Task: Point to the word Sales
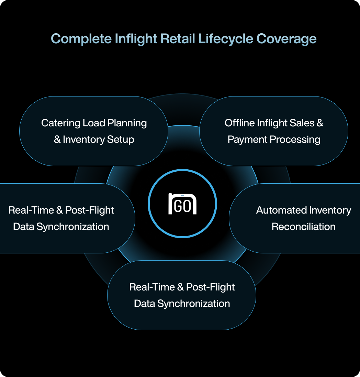click(x=302, y=123)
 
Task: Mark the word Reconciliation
click(x=304, y=227)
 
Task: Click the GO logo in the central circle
click(x=182, y=204)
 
